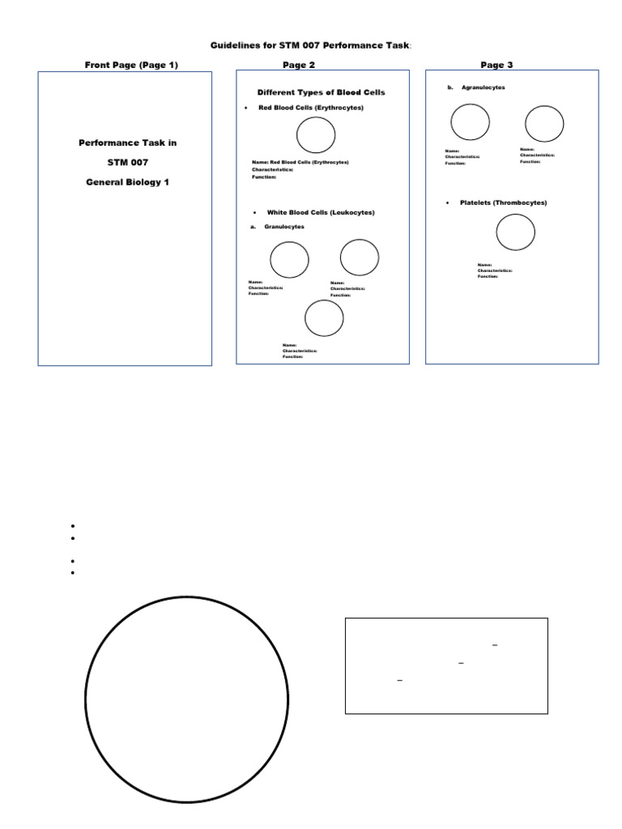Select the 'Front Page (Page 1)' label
[131, 65]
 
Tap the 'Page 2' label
[299, 65]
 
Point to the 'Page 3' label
[496, 65]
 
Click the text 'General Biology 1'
[127, 182]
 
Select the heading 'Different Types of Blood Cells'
[321, 92]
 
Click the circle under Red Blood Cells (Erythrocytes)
[316, 134]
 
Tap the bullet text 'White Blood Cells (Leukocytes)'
[321, 212]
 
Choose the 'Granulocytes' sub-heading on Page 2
[284, 227]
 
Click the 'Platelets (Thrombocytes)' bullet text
[503, 202]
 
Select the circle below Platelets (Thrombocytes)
[515, 232]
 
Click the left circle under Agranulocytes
[470, 122]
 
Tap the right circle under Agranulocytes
[543, 124]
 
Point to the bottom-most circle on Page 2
[323, 318]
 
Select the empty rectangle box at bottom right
[446, 665]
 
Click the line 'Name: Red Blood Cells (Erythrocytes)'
[300, 162]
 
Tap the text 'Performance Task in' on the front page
[127, 142]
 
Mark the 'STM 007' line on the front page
[127, 162]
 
